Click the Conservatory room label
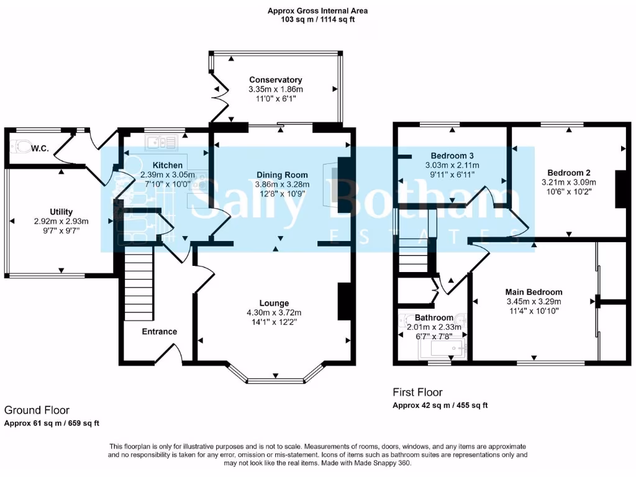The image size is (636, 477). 275,80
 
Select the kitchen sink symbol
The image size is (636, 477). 161,142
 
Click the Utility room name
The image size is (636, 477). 61,212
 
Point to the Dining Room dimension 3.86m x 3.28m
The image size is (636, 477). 283,184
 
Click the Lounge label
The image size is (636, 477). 274,303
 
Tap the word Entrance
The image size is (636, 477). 160,332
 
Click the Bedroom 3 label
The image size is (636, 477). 452,156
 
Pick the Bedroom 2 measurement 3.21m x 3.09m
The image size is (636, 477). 569,182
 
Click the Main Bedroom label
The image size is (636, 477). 534,292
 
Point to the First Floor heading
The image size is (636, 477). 417,393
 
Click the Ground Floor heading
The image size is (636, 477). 37,410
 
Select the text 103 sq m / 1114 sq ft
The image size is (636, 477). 317,19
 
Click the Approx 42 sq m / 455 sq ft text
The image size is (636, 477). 440,405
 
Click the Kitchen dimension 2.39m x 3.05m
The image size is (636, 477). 168,175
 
